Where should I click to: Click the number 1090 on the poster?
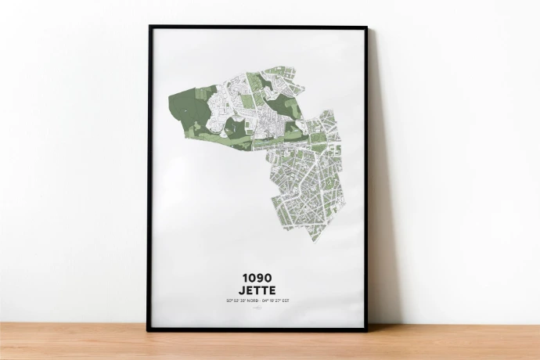tap(258, 278)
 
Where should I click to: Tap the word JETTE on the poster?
tap(258, 291)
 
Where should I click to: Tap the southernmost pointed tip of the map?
tap(314, 239)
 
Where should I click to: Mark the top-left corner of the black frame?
tap(149, 27)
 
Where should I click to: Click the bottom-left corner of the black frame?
tap(148, 329)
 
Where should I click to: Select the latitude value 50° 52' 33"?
tap(236, 302)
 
